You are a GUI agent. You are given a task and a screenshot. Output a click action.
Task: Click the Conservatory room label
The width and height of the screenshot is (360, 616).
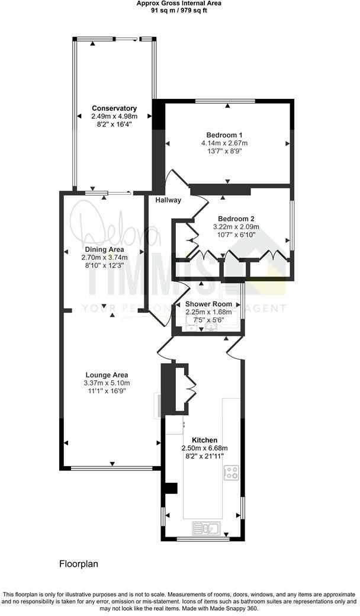click(x=114, y=108)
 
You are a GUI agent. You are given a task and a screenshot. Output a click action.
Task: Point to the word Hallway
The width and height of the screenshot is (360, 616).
click(x=168, y=200)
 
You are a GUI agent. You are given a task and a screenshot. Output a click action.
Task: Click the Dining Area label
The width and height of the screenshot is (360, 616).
click(x=104, y=249)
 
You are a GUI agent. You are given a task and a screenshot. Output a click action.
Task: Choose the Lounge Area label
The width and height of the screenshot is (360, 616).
click(x=107, y=375)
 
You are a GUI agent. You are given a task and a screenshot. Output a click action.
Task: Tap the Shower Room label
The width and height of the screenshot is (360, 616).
click(x=207, y=304)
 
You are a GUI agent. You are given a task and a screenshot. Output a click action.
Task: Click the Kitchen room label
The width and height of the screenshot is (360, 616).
click(x=204, y=440)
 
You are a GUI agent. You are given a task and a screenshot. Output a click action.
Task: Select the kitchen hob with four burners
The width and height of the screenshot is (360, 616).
click(x=231, y=473)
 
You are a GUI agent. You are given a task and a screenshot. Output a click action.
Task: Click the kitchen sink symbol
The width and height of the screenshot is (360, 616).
click(x=205, y=527)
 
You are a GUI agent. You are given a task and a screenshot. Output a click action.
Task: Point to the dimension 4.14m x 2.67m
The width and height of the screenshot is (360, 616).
click(x=224, y=143)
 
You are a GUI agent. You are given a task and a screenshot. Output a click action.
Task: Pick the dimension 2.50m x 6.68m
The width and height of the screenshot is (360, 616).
click(x=204, y=448)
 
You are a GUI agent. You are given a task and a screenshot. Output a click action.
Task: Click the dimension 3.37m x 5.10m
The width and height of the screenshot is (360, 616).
click(x=107, y=383)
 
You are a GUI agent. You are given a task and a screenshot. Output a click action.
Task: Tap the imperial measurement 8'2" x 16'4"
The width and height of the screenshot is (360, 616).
click(x=114, y=125)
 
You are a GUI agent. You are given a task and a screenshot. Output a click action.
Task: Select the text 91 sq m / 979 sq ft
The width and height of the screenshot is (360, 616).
click(x=180, y=10)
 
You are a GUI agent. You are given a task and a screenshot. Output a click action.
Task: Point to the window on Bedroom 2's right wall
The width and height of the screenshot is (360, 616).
click(x=290, y=225)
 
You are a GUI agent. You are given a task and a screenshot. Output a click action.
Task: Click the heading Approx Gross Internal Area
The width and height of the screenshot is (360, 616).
click(x=180, y=3)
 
